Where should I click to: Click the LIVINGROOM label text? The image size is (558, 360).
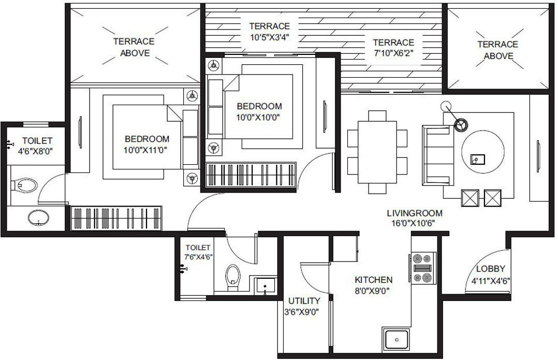[x=415, y=213]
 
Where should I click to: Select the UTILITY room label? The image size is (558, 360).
[x=304, y=300]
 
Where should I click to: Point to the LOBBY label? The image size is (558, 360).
[x=491, y=269]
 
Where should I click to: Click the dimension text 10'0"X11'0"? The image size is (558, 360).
[x=147, y=150]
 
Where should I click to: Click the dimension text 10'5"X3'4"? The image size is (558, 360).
[x=269, y=37]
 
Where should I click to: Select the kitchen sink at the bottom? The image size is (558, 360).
[x=397, y=340]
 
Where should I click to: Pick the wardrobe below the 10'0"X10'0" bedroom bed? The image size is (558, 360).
[x=251, y=174]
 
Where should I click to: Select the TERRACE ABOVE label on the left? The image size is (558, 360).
[x=135, y=47]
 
